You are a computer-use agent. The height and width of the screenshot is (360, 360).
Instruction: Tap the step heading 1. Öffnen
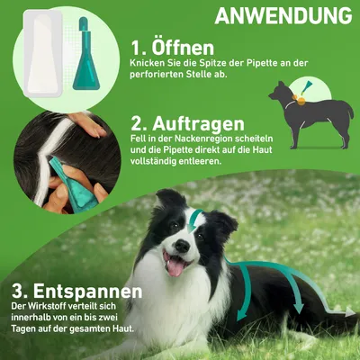pyautogui.click(x=174, y=47)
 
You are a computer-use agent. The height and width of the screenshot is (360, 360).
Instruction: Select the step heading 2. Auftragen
pyautogui.click(x=187, y=122)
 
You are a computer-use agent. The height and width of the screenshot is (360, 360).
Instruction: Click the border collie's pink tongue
pyautogui.click(x=175, y=265)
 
